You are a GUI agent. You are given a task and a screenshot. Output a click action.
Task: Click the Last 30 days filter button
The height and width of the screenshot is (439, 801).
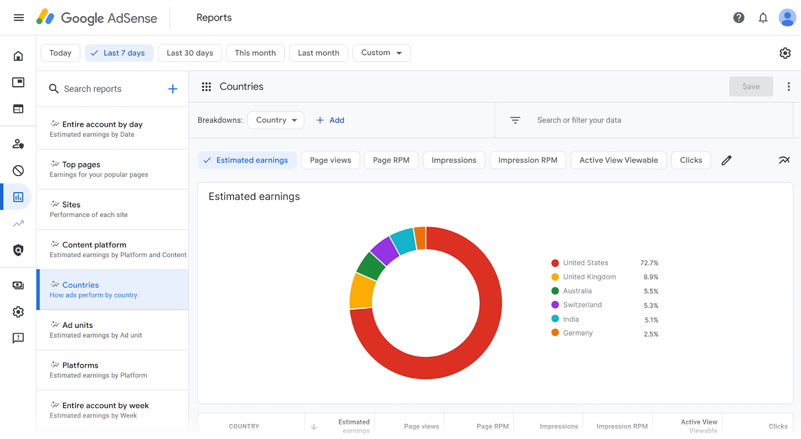[190, 53]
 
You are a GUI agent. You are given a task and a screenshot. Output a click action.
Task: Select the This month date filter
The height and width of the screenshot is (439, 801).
[255, 53]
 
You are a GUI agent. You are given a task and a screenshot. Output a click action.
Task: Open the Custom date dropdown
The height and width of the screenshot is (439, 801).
[381, 53]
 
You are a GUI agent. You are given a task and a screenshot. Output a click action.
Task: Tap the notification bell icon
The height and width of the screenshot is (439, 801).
[763, 18]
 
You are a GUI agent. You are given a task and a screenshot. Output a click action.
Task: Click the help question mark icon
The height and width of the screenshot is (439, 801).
[738, 18]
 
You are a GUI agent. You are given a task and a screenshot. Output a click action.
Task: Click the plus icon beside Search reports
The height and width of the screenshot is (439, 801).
[173, 89]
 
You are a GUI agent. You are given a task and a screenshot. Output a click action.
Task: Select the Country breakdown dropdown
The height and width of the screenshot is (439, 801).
[276, 120]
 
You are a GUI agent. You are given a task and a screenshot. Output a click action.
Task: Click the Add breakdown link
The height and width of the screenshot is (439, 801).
[330, 120]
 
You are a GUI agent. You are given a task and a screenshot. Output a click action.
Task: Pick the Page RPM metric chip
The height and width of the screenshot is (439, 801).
[391, 160]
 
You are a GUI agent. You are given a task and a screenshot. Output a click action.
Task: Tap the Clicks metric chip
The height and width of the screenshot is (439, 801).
[691, 160]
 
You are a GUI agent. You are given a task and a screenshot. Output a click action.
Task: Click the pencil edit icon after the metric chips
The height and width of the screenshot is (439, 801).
[726, 160]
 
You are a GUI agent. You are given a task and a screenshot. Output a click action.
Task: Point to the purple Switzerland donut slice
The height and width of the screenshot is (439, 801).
[384, 250]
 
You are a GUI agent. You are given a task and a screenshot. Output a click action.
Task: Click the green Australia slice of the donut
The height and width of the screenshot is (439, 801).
[370, 266]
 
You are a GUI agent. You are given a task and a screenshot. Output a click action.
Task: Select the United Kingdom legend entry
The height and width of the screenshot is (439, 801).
[589, 277]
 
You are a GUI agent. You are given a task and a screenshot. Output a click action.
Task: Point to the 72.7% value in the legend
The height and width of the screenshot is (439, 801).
[649, 263]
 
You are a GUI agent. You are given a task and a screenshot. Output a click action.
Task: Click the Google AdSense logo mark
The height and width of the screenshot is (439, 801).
[46, 18]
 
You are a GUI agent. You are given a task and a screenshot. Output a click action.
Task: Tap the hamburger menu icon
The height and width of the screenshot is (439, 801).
[19, 18]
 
